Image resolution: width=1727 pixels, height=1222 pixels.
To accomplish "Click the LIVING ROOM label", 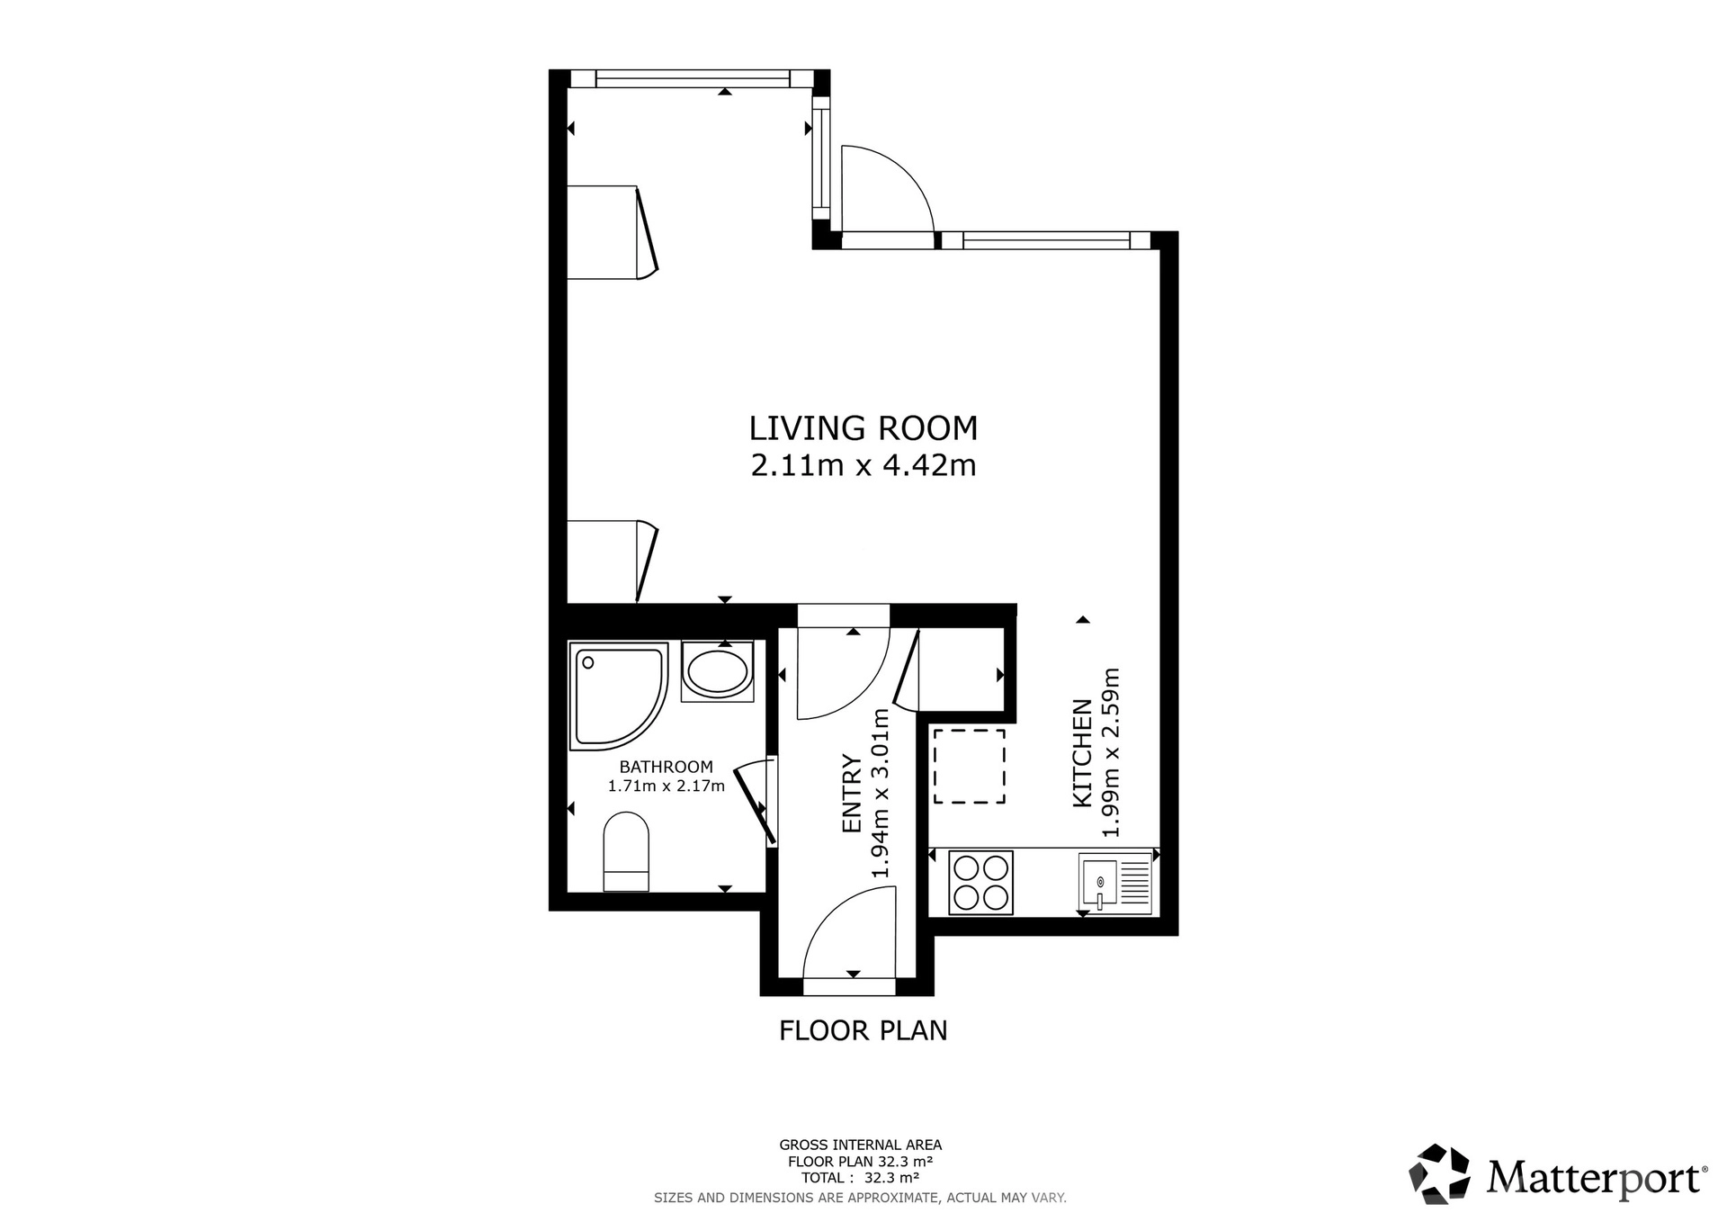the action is (863, 428).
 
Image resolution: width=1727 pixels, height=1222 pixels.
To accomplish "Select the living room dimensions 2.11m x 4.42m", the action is (863, 466).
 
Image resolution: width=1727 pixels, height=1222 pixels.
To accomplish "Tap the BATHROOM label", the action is (667, 768).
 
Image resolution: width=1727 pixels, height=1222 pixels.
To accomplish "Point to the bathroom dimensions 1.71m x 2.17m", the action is (667, 786).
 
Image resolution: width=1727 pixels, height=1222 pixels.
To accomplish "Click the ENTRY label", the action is (852, 794).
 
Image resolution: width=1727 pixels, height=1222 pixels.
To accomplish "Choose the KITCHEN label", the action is (1083, 753).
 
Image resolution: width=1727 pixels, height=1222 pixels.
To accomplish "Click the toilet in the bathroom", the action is (626, 851).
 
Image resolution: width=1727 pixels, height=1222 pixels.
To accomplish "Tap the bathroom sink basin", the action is (717, 671).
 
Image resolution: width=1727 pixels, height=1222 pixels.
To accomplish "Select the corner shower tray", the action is (619, 696).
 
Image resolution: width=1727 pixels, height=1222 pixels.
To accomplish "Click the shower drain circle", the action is (588, 663).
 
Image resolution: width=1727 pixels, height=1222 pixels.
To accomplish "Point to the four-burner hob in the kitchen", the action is (981, 883).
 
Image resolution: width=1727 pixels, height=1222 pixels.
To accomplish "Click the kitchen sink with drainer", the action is (1115, 883).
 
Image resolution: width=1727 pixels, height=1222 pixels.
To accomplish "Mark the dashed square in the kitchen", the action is (969, 766).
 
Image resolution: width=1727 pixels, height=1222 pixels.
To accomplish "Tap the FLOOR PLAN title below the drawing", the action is (863, 1030).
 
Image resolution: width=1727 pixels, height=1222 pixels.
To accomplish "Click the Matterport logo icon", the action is (1440, 1173).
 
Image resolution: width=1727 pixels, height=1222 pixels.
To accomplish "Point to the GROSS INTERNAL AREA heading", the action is (861, 1146).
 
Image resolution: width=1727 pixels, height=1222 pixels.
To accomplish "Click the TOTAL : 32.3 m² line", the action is (861, 1177).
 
